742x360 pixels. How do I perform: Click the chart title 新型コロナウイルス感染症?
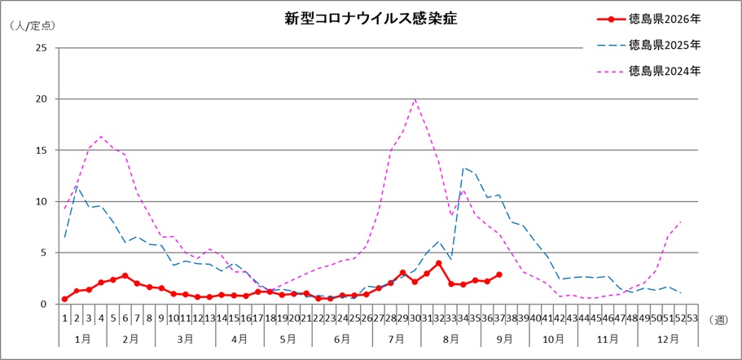[371, 18]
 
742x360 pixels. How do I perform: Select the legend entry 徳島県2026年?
[648, 20]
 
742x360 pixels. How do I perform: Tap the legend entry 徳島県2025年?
[648, 46]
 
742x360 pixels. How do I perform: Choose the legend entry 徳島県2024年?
[648, 72]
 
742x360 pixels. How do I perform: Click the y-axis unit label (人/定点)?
[33, 26]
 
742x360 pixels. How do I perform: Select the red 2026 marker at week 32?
[439, 263]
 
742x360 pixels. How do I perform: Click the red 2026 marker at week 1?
[64, 299]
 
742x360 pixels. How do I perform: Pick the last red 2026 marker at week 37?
[499, 274]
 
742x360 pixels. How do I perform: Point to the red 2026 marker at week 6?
[125, 275]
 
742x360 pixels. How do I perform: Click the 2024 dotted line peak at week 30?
[415, 99]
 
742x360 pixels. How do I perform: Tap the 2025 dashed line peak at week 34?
[463, 168]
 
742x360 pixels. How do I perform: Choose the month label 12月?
[668, 339]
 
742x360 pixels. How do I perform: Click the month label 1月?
[82, 339]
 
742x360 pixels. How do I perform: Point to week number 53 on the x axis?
[692, 318]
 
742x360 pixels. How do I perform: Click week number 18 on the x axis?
[270, 318]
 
